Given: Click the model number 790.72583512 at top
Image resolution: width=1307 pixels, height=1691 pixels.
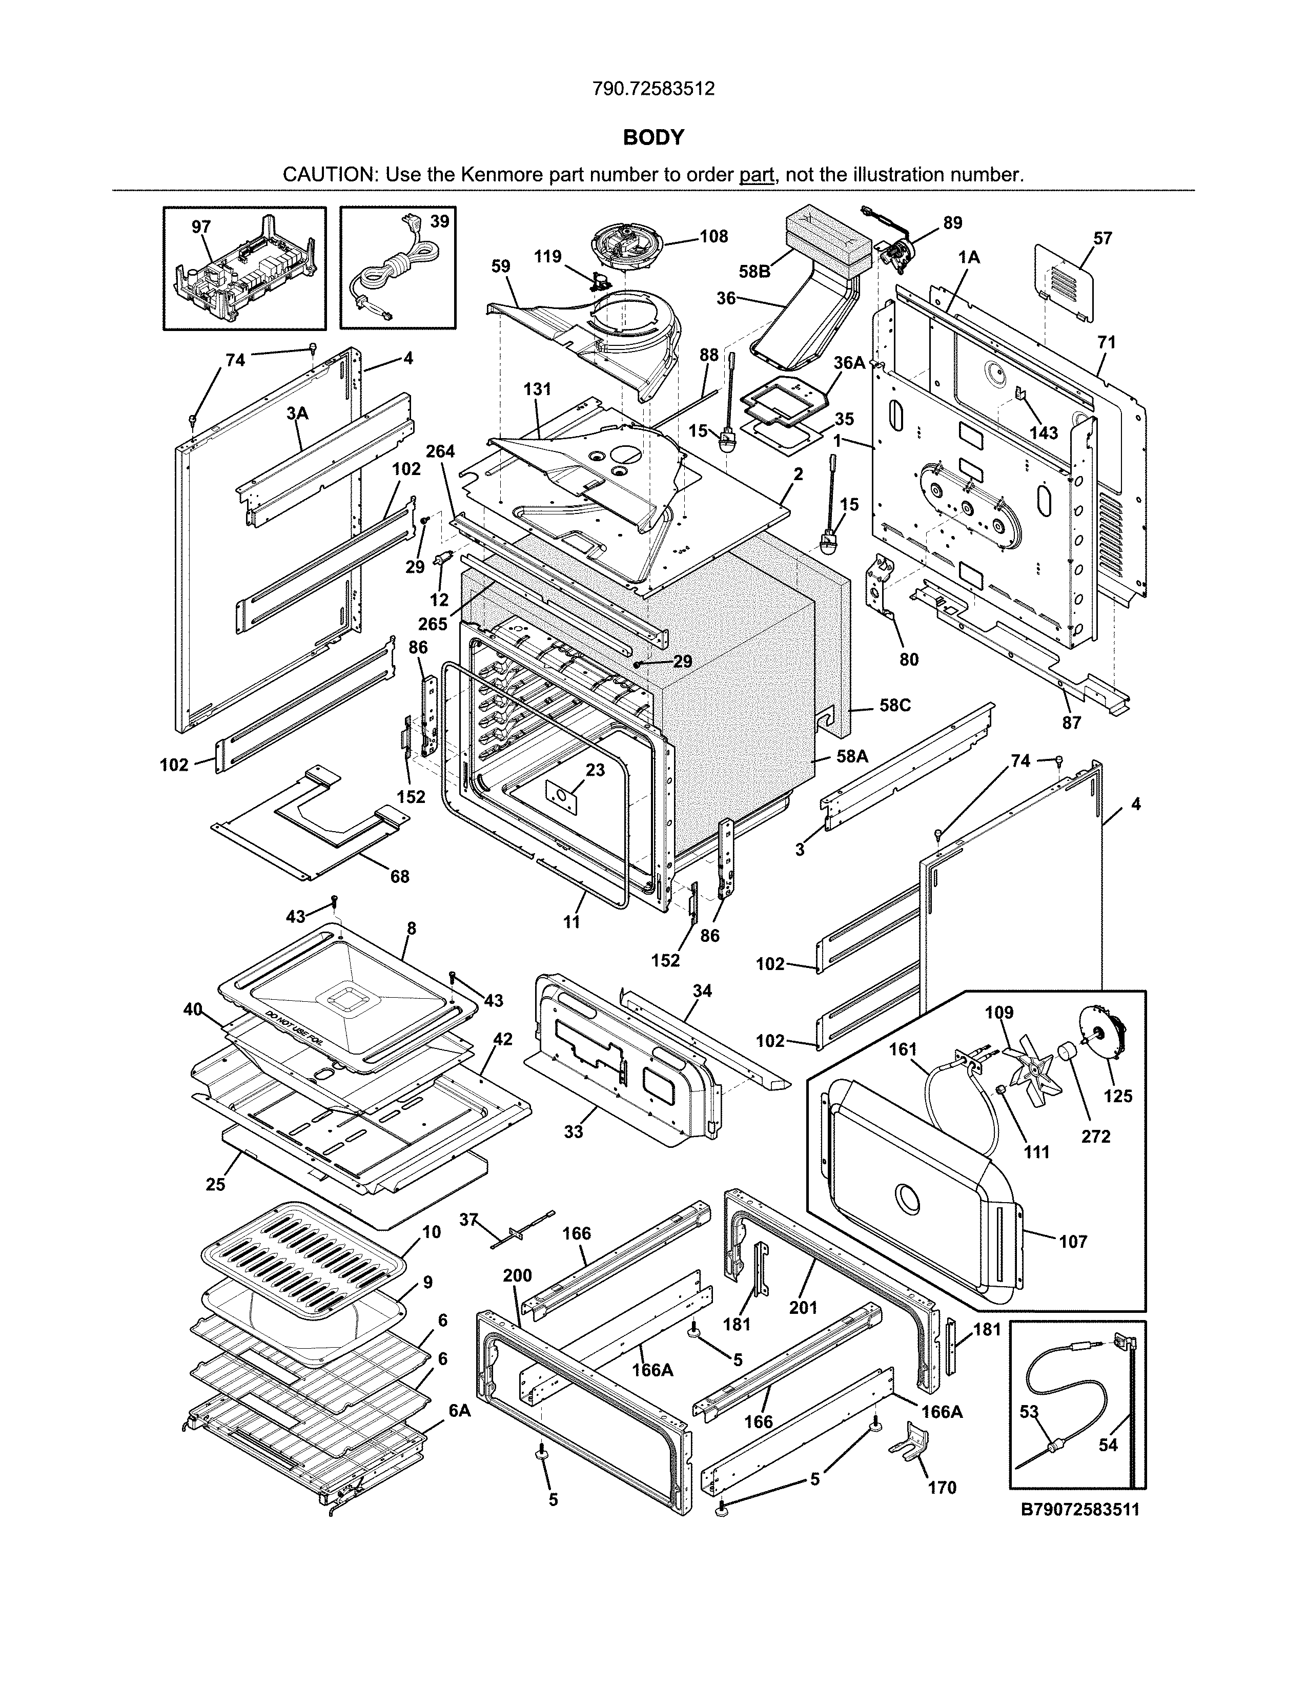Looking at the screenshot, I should (x=652, y=89).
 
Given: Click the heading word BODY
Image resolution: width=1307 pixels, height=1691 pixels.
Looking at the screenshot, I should (x=653, y=138).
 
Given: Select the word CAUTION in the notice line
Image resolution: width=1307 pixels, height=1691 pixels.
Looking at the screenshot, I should (x=329, y=174).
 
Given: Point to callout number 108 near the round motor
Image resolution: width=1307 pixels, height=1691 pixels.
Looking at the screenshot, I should (x=713, y=236).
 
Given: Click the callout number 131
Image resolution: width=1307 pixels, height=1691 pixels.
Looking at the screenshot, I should (x=537, y=389).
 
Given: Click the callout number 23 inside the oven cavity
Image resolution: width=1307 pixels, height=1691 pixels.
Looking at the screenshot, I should (x=595, y=770).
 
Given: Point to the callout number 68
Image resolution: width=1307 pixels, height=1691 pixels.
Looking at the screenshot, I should (x=400, y=876).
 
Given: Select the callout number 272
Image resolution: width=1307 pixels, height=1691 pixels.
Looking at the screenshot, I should (x=1096, y=1137).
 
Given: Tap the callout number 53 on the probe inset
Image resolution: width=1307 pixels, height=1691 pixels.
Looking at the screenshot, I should (x=1028, y=1412).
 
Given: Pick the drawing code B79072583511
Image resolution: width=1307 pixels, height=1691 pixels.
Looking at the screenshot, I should (x=1080, y=1510).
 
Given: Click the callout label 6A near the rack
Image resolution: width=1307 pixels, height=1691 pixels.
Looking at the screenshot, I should (x=459, y=1411).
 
